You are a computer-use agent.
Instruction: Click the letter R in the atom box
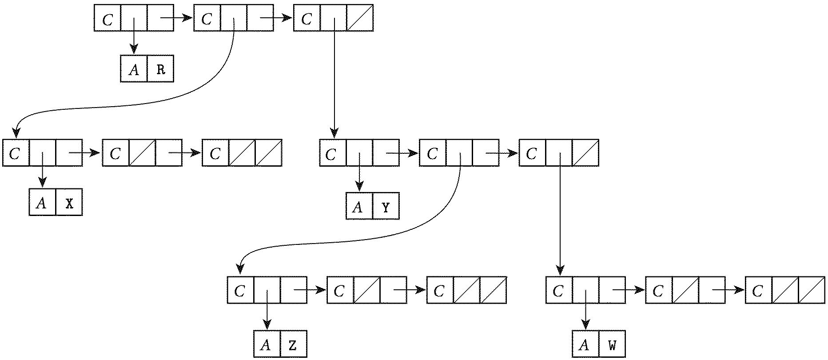pyautogui.click(x=160, y=69)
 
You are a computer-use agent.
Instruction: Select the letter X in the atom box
pyautogui.click(x=69, y=203)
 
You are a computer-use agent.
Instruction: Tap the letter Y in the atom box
pyautogui.click(x=386, y=207)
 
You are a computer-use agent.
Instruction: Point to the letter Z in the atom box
pyautogui.click(x=293, y=345)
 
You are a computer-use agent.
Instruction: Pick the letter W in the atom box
pyautogui.click(x=612, y=345)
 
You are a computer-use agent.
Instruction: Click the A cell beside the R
pyautogui.click(x=134, y=69)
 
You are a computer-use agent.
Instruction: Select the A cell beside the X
pyautogui.click(x=42, y=203)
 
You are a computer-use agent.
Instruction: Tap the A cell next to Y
pyautogui.click(x=358, y=207)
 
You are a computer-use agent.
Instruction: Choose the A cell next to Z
pyautogui.click(x=267, y=345)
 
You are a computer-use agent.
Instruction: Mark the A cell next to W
pyautogui.click(x=585, y=345)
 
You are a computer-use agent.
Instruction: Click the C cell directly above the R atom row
pyautogui.click(x=107, y=19)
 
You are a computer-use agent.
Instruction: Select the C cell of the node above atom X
pyautogui.click(x=16, y=153)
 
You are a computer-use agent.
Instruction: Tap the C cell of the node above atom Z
pyautogui.click(x=240, y=291)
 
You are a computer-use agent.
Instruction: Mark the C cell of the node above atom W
pyautogui.click(x=559, y=291)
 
